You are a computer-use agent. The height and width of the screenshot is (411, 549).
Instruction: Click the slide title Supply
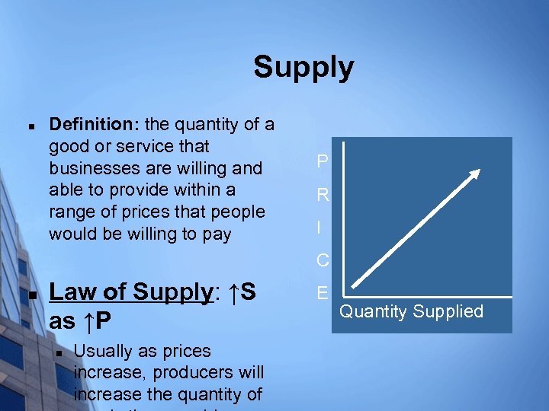coord(303,67)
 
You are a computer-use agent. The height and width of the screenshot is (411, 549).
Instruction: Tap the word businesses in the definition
coord(90,167)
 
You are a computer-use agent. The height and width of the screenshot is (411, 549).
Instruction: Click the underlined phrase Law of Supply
coord(130,292)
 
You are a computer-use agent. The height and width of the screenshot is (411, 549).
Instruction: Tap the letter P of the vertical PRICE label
coord(323,162)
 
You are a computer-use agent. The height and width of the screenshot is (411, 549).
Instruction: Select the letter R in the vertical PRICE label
coord(323,195)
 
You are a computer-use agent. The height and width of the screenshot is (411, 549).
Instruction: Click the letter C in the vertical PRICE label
coord(323,260)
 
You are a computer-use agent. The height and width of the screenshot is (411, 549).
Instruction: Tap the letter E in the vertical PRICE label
coord(322,293)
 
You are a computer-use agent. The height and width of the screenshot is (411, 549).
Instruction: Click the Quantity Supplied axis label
coord(411,311)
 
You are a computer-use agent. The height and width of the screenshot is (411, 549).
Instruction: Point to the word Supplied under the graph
coord(450,311)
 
